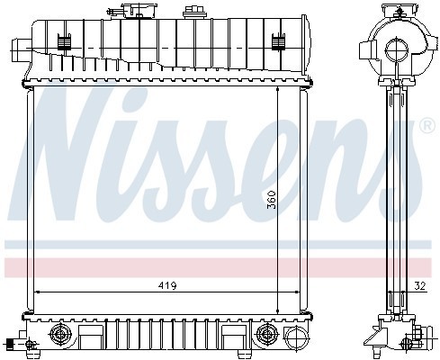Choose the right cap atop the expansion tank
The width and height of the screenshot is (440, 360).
(191, 12)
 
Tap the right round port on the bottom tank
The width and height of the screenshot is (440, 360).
(266, 336)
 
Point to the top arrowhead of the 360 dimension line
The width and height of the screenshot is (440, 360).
(276, 91)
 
